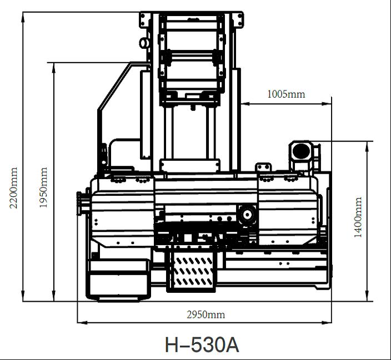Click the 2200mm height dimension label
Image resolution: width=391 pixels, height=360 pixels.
pyautogui.click(x=13, y=188)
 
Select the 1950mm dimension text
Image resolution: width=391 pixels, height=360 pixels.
pyautogui.click(x=43, y=187)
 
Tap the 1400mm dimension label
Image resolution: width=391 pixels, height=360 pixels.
pyautogui.click(x=358, y=217)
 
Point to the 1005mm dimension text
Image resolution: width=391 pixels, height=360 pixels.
pyautogui.click(x=286, y=94)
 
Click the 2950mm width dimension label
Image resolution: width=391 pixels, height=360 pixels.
pyautogui.click(x=205, y=315)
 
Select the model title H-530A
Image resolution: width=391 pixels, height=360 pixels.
pyautogui.click(x=202, y=344)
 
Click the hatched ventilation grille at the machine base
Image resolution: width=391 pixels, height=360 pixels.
pyautogui.click(x=193, y=272)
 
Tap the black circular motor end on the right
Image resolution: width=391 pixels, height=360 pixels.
pyautogui.click(x=301, y=151)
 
